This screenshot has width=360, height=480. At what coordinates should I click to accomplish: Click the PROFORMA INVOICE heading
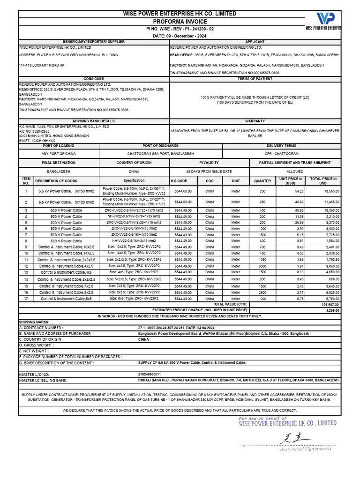[180, 22]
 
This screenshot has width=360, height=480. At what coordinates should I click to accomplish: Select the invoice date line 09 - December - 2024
[180, 36]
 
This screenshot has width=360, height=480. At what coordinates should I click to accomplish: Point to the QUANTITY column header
[262, 181]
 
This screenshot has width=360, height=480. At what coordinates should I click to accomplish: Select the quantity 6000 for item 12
[262, 266]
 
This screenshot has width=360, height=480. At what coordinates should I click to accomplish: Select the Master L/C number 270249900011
[149, 375]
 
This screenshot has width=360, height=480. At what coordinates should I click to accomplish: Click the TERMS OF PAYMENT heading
[255, 79]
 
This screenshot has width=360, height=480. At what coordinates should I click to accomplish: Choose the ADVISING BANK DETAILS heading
[93, 121]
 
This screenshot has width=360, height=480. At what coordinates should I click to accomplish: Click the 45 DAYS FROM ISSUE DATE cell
[209, 172]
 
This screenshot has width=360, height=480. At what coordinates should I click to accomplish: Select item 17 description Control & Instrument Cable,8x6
[66, 299]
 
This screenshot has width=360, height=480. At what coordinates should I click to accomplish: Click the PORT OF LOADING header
[58, 146]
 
